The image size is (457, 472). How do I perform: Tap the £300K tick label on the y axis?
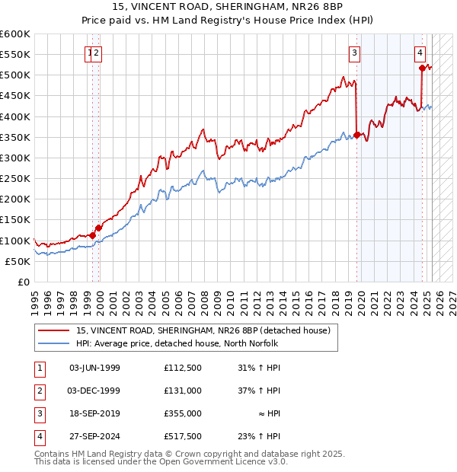pyautogui.click(x=15, y=158)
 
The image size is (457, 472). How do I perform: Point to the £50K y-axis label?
pyautogui.click(x=18, y=261)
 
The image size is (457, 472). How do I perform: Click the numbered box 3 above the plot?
pyautogui.click(x=355, y=53)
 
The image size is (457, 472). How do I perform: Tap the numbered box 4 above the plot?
pyautogui.click(x=420, y=53)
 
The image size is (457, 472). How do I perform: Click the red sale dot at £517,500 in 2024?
pyautogui.click(x=422, y=69)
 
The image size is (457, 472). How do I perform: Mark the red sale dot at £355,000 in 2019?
pyautogui.click(x=356, y=136)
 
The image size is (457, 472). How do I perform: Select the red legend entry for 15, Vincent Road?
pyautogui.click(x=203, y=330)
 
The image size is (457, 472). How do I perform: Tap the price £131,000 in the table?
pyautogui.click(x=182, y=391)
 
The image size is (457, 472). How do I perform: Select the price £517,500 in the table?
pyautogui.click(x=182, y=436)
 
